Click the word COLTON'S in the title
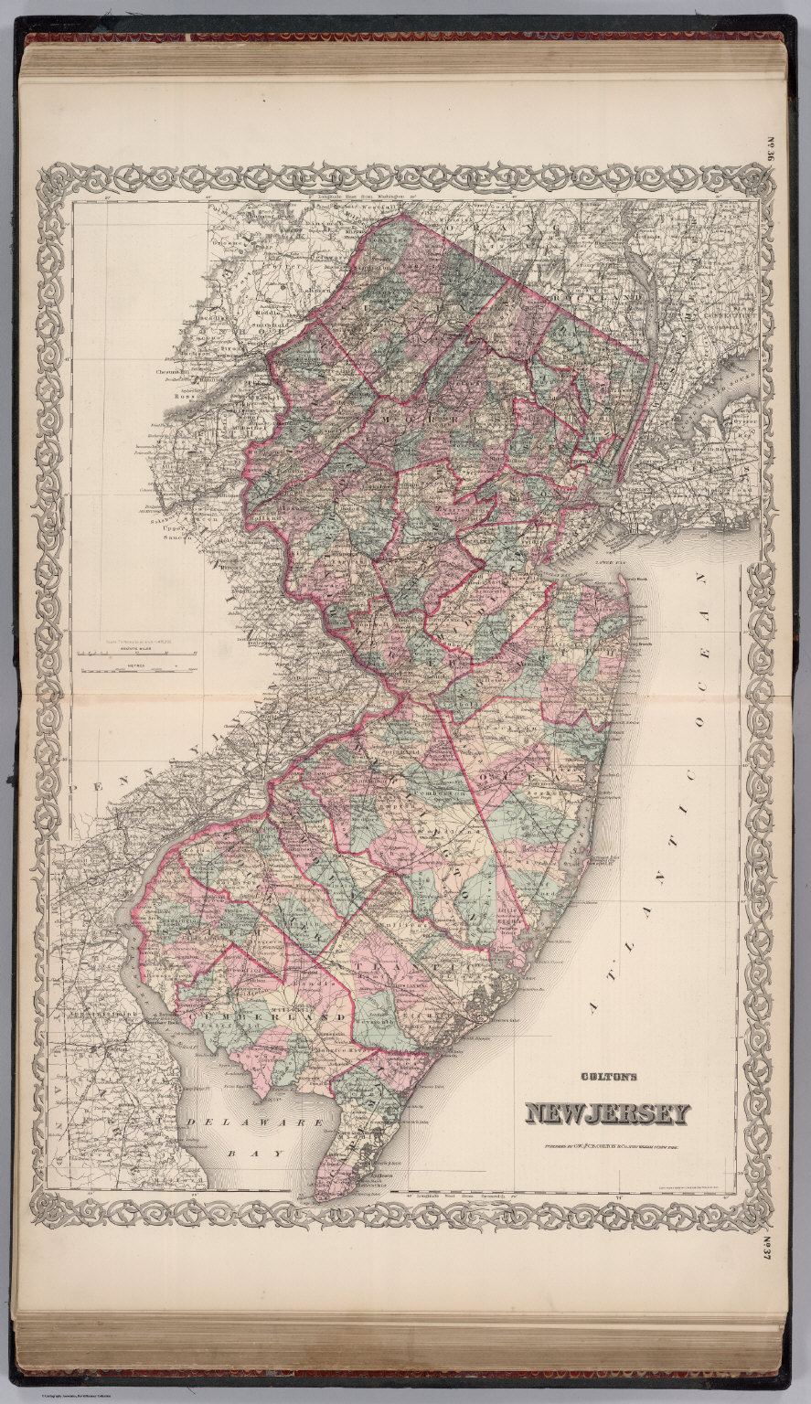tap(605, 1077)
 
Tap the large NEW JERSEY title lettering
tap(606, 1113)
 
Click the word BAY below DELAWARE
tap(244, 1154)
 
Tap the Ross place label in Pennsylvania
tap(187, 398)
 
